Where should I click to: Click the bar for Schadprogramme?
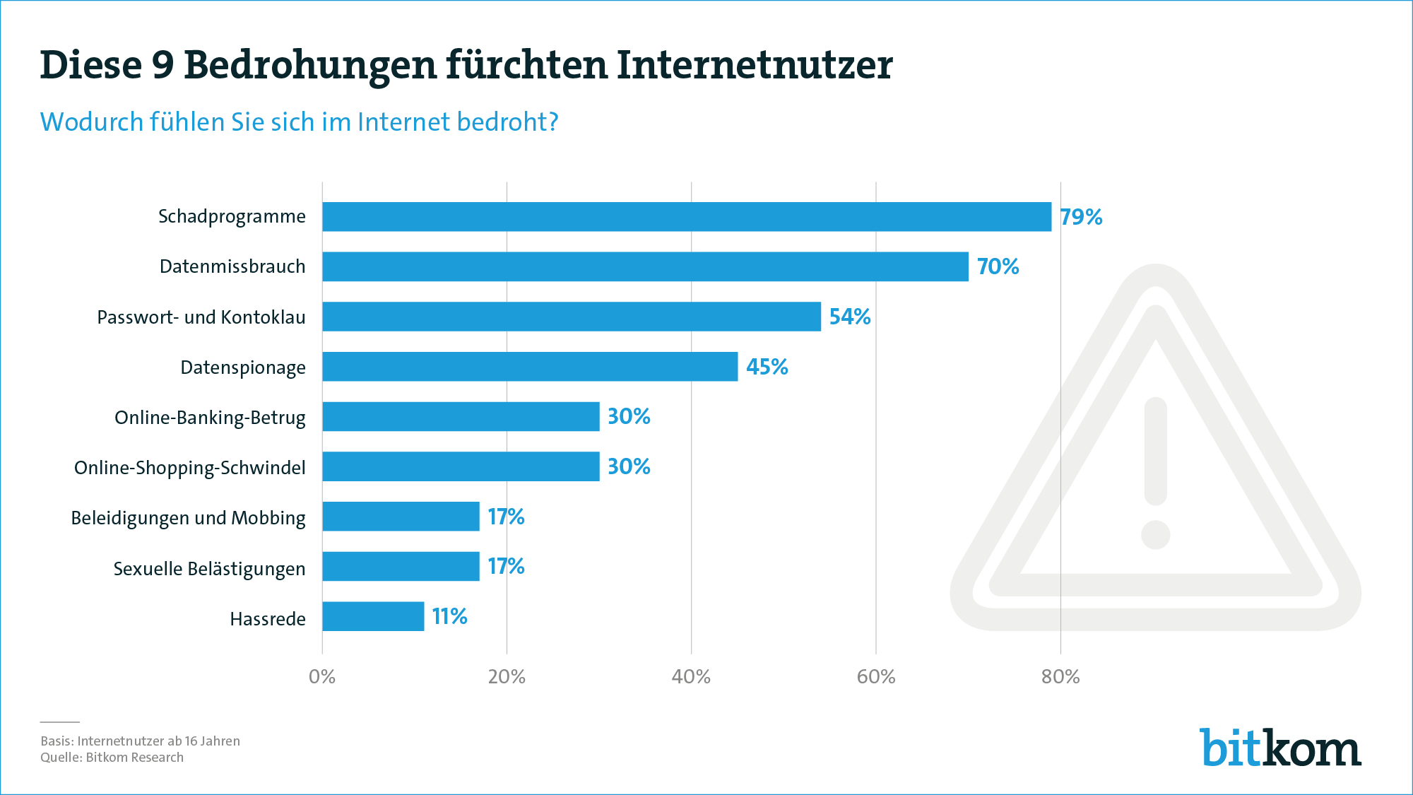[687, 216]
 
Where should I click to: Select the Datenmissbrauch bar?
[645, 266]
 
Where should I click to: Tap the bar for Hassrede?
[373, 616]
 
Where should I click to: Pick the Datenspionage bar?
[530, 367]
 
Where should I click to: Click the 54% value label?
[849, 317]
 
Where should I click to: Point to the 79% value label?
[1080, 217]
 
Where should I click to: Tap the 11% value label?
[449, 616]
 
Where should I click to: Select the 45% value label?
[767, 367]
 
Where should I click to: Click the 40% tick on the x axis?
[691, 677]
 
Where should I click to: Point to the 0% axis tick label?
[322, 677]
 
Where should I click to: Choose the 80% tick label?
[1060, 677]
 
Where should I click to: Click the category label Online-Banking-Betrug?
[210, 418]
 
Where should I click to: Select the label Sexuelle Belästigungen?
[209, 569]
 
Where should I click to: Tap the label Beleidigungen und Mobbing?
[188, 518]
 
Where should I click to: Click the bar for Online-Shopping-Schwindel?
[461, 466]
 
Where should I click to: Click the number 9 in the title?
[162, 65]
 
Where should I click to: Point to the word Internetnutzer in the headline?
[754, 65]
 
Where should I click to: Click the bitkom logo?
[1279, 748]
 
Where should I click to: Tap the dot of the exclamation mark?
[1155, 534]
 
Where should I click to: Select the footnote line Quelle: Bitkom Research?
[112, 758]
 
